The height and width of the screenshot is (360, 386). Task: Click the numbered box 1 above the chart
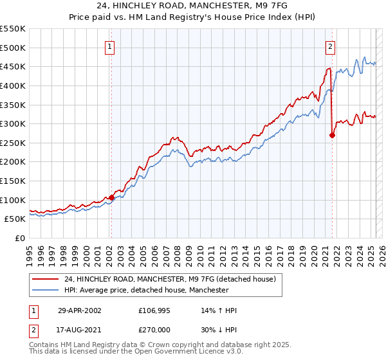[x=110, y=47]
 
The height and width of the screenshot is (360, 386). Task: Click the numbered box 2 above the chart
[x=330, y=47]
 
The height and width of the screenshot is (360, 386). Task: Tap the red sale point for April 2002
[x=111, y=197]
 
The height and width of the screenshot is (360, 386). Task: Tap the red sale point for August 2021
[x=332, y=135]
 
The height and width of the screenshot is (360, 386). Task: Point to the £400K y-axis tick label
[x=13, y=85]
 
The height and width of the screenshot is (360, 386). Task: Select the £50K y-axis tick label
[x=15, y=219]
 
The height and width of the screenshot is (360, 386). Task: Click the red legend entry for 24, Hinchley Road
[x=170, y=279]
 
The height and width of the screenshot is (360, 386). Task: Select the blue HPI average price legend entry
[x=147, y=291]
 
